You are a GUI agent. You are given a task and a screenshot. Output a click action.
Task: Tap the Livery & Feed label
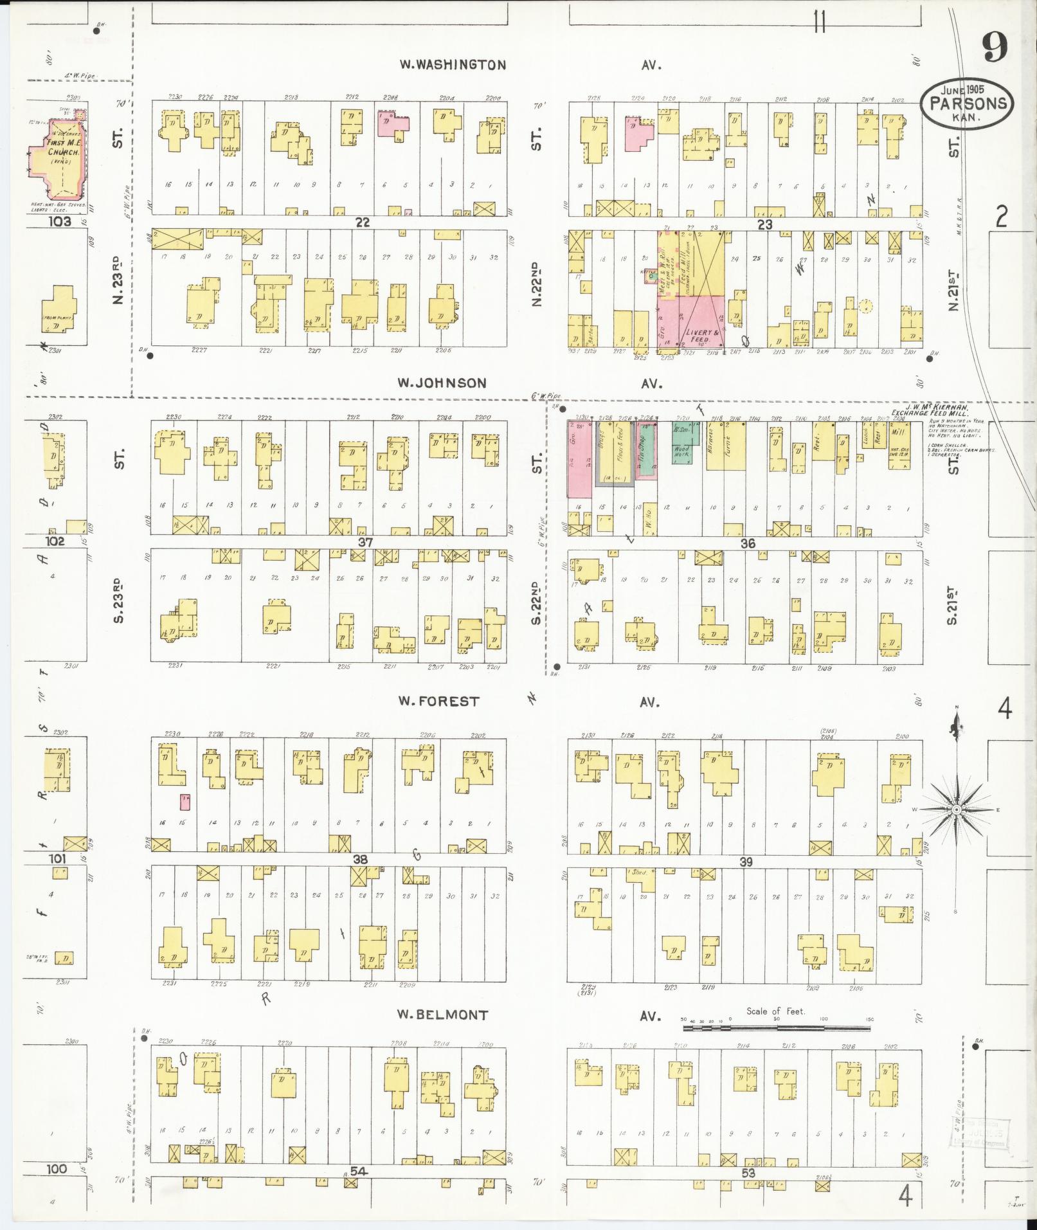(699, 335)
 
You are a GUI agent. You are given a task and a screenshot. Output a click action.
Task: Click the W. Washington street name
(453, 64)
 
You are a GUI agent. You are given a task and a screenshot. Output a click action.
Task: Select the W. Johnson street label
(441, 383)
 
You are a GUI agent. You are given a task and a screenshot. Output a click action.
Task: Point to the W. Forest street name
(438, 701)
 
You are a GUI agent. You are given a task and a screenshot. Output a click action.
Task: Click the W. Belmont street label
(442, 1015)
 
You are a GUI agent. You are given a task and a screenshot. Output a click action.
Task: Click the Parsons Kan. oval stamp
(966, 104)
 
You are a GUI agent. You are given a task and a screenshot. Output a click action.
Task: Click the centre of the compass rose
(956, 809)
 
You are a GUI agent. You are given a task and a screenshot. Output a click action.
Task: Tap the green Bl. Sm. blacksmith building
(681, 434)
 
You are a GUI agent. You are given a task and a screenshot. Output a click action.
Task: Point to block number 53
(748, 1173)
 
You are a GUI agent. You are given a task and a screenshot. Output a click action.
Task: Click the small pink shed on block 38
(185, 801)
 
